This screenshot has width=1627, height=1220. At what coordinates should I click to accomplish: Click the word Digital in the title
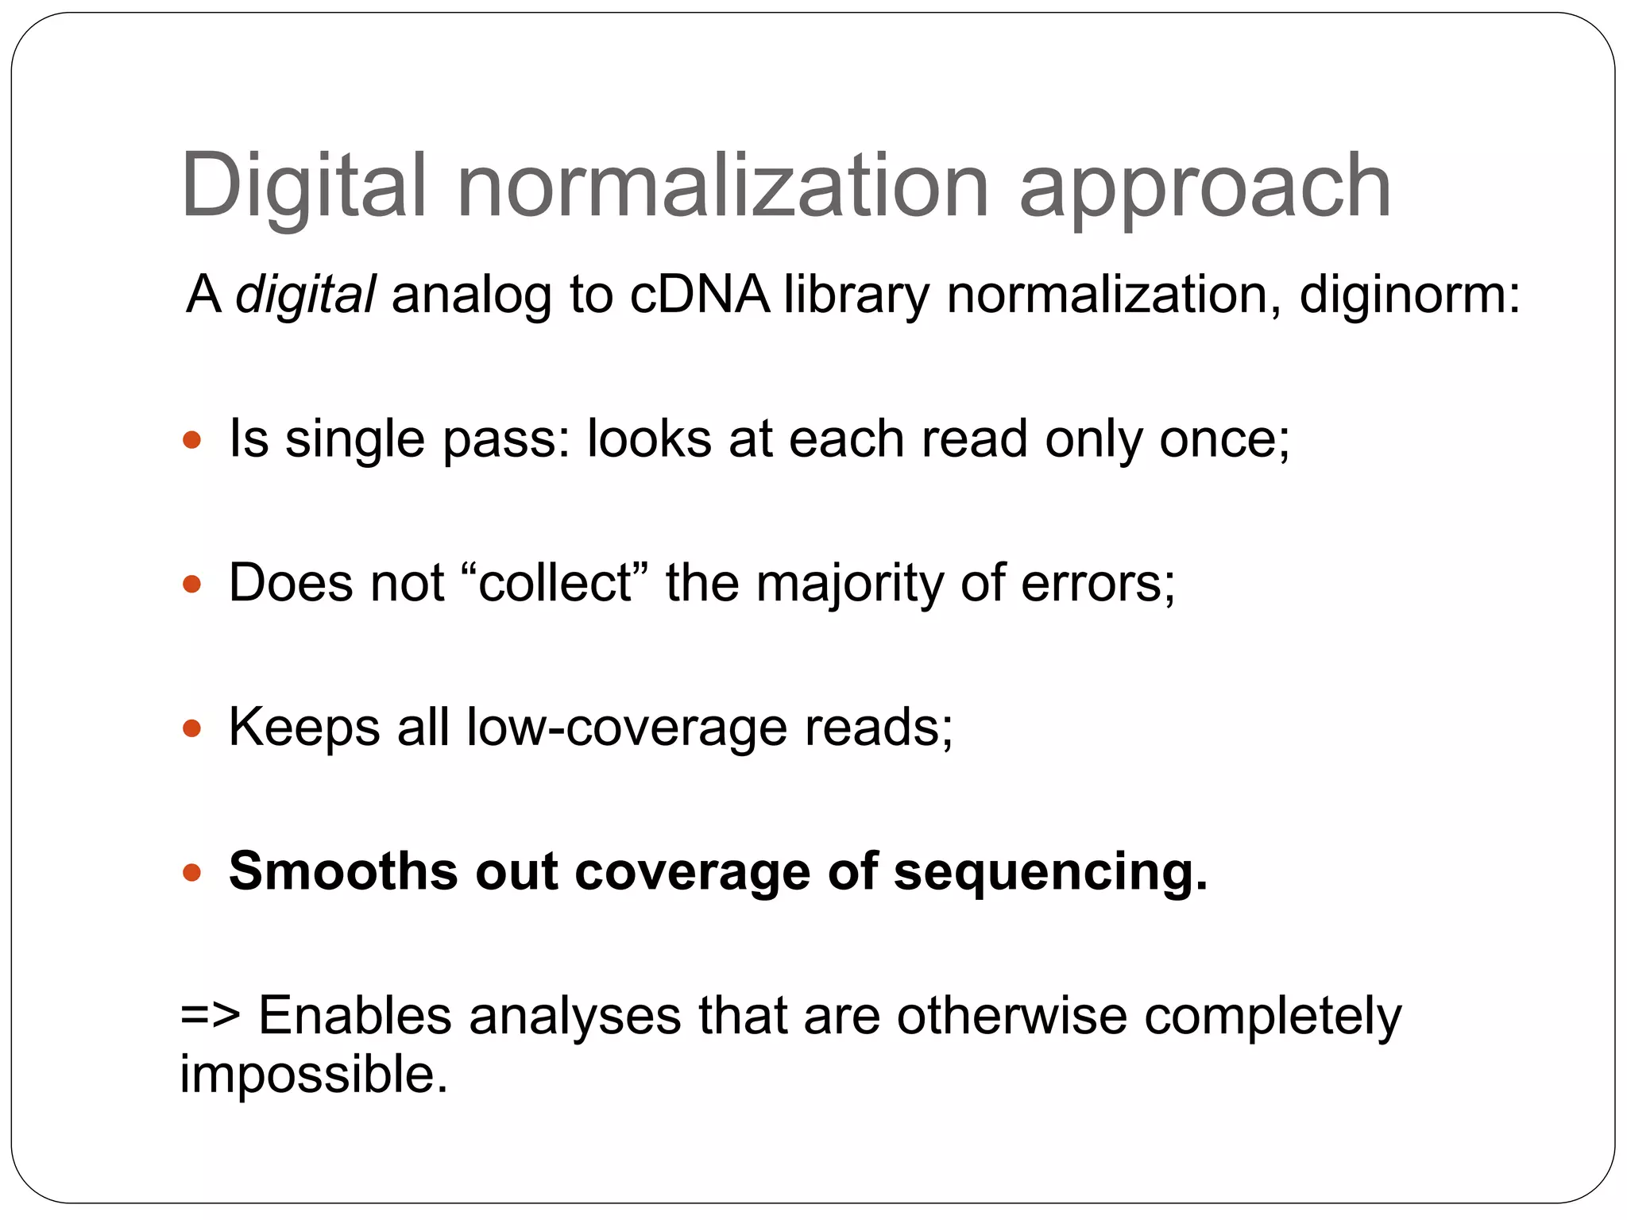[304, 187]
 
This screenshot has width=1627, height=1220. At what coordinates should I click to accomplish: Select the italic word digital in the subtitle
[305, 295]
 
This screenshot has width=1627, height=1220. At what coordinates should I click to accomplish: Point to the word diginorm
[1407, 295]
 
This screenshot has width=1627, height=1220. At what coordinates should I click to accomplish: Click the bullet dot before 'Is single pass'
[191, 439]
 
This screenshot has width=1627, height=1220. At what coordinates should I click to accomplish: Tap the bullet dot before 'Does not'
[191, 584]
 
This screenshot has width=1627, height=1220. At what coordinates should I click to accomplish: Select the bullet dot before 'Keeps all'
[191, 728]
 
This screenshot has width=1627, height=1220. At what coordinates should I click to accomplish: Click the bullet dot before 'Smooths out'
[191, 872]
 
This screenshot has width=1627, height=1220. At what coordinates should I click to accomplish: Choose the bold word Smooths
[343, 871]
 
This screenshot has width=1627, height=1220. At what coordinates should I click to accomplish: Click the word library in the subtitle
[856, 295]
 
